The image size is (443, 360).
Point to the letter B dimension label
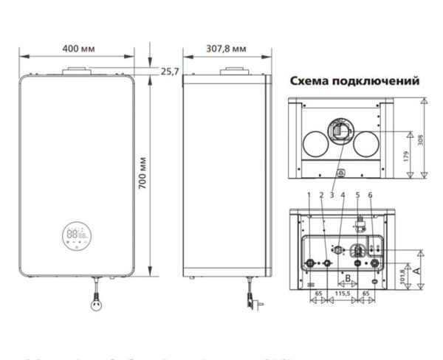tap(346, 278)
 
